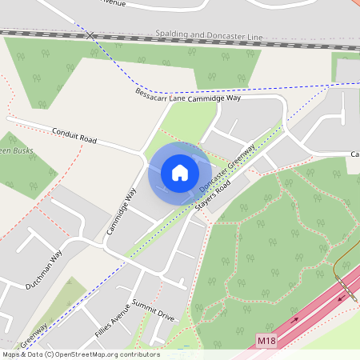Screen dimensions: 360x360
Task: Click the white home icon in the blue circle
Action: [x=180, y=173]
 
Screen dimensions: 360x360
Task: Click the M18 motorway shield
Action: [x=266, y=341]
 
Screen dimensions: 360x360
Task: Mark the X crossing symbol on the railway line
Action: [x=90, y=35]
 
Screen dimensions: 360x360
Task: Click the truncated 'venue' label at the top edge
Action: [x=113, y=2]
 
